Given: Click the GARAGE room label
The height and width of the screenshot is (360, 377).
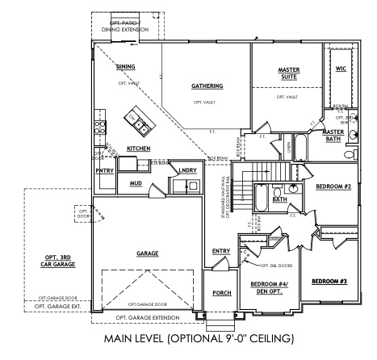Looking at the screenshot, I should [x=147, y=253].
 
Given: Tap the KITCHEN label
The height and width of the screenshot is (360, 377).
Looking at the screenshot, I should [x=140, y=149].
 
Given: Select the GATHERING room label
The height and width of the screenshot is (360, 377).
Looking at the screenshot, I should [x=207, y=86].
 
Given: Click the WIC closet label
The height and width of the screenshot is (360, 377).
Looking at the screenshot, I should [x=341, y=69].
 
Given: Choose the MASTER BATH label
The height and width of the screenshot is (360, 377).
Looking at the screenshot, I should [x=333, y=136].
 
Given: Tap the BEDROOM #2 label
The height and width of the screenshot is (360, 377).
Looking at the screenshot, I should [x=332, y=186].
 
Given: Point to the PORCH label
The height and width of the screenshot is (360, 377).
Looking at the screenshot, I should [x=222, y=293].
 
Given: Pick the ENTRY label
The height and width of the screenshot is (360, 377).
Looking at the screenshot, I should [x=221, y=251].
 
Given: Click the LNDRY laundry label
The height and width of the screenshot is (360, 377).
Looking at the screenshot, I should [x=187, y=170].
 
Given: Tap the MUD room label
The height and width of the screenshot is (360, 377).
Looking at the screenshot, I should [x=136, y=183].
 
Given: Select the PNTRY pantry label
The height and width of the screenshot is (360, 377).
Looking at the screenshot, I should [x=104, y=170].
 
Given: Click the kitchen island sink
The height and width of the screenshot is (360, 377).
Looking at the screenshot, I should [x=140, y=124].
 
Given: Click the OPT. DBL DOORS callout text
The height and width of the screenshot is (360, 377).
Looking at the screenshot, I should [x=275, y=264].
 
